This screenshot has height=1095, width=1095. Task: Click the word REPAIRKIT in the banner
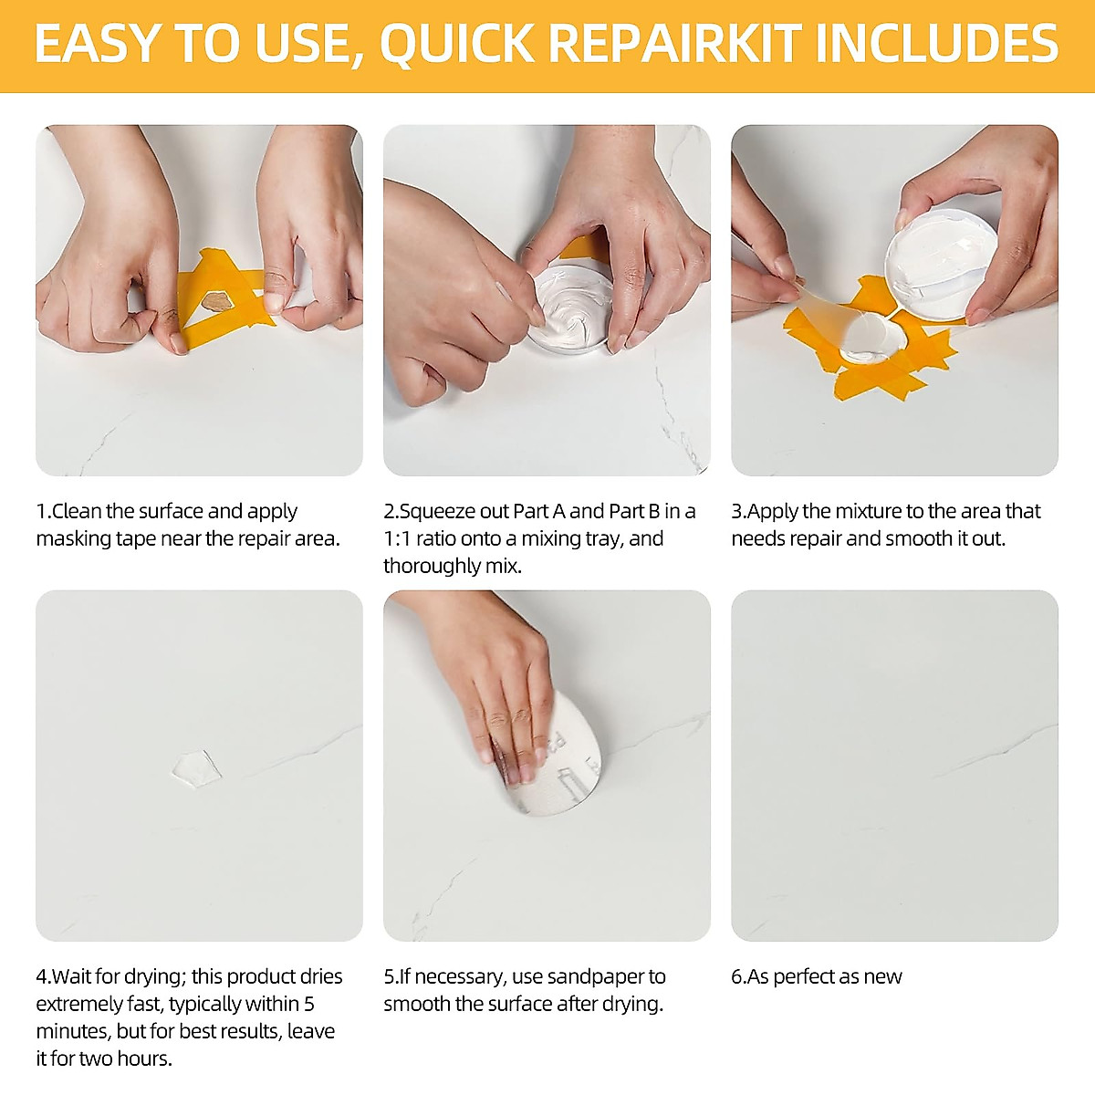pyautogui.click(x=675, y=43)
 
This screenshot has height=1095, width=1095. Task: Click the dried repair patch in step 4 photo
pyautogui.click(x=195, y=766)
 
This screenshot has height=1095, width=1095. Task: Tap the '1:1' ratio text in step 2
pyautogui.click(x=398, y=538)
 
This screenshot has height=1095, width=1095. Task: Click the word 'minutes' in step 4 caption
pyautogui.click(x=68, y=1031)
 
